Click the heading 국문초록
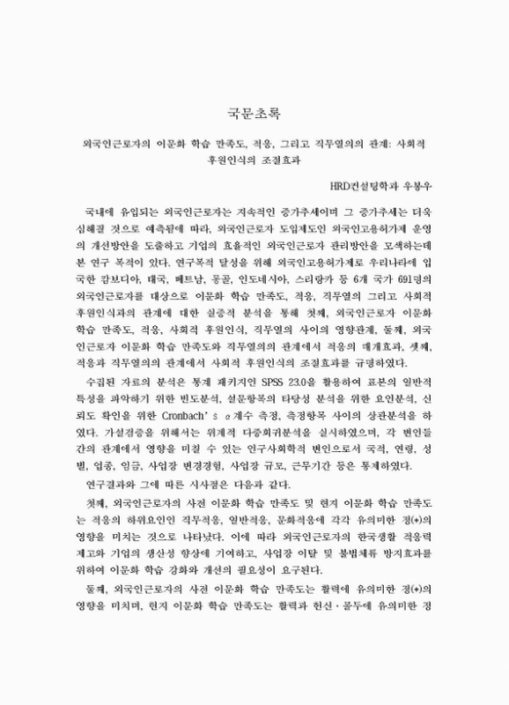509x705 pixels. click(x=254, y=113)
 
